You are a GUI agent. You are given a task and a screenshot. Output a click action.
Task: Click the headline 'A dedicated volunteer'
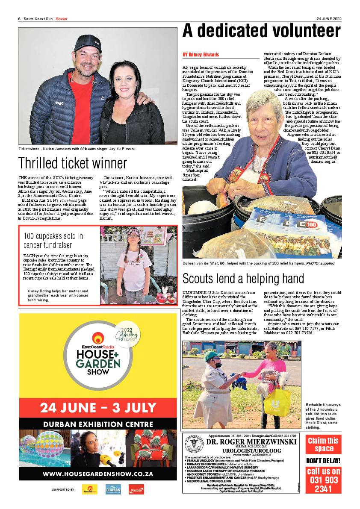click(262, 32)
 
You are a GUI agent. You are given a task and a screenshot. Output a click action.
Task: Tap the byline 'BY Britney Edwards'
click(201, 55)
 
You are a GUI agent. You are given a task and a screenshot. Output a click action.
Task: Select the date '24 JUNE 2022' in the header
click(329, 18)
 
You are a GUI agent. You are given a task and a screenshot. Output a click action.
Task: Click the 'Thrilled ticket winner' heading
click(73, 163)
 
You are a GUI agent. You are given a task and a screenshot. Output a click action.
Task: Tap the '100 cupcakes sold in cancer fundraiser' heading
click(53, 241)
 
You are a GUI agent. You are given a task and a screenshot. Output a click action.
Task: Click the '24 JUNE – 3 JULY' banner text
click(98, 407)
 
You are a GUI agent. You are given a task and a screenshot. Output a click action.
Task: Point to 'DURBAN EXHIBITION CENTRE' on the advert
click(98, 424)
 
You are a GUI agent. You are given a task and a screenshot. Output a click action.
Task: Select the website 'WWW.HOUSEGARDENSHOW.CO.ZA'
click(98, 474)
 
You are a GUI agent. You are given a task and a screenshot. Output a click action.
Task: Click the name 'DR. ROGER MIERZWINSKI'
click(251, 442)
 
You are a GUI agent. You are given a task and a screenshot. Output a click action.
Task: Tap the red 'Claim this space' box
click(323, 444)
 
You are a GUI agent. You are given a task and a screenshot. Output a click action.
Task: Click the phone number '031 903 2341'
click(323, 480)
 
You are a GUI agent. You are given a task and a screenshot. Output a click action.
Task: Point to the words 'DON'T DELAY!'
click(323, 461)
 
